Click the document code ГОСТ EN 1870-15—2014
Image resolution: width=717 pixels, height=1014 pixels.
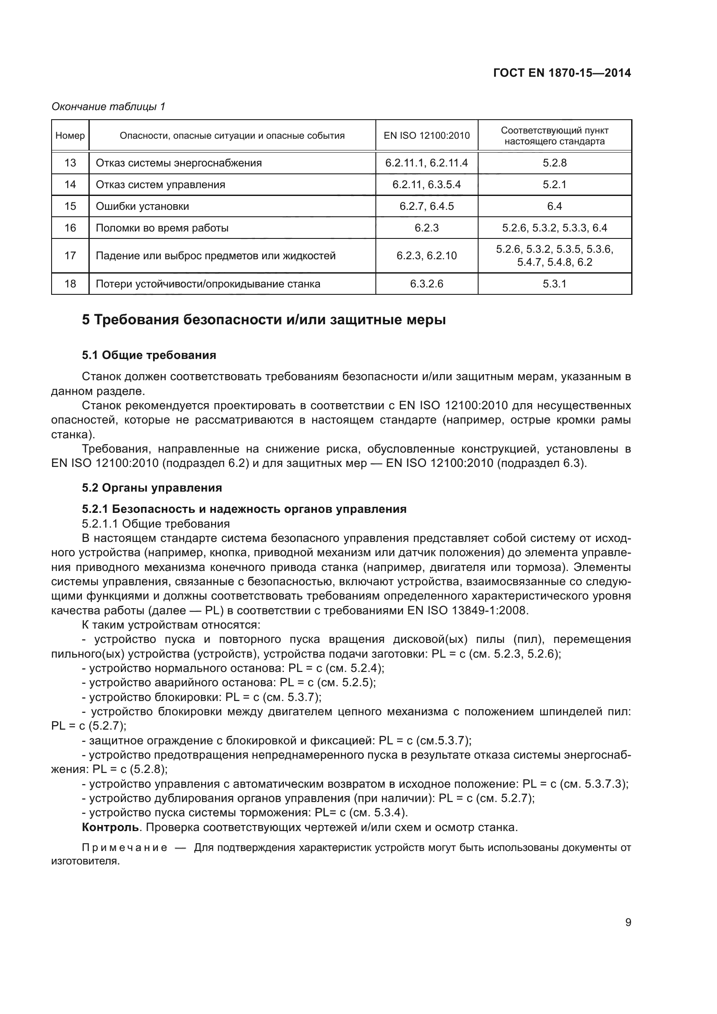click(x=561, y=73)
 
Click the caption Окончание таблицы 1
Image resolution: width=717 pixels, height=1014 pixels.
click(x=108, y=107)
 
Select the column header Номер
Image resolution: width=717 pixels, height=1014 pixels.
click(x=70, y=136)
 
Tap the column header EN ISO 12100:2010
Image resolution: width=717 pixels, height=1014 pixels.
click(x=427, y=136)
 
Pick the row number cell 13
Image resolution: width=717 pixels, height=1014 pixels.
click(x=70, y=163)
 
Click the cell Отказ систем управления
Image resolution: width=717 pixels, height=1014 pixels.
click(x=160, y=185)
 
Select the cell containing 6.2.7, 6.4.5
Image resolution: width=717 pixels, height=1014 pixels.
click(x=427, y=206)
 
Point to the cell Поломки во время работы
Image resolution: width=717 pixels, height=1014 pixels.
click(x=162, y=228)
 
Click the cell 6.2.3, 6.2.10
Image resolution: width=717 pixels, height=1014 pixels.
click(x=427, y=256)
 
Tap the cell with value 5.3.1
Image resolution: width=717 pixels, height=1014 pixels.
click(x=554, y=284)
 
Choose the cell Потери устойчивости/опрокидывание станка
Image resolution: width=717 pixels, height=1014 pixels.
click(x=208, y=284)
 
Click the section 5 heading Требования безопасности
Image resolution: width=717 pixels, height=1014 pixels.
click(x=264, y=320)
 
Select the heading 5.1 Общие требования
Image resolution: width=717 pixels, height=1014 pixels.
click(x=149, y=355)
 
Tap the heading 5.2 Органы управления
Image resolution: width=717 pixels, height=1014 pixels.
click(x=152, y=488)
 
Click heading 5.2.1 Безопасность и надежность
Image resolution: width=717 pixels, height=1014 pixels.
click(x=244, y=509)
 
